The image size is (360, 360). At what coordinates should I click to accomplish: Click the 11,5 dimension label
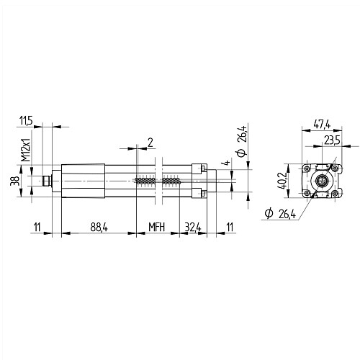tap(26, 121)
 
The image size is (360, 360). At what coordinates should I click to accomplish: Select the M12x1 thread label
tap(26, 150)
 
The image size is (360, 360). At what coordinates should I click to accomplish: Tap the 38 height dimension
tap(14, 181)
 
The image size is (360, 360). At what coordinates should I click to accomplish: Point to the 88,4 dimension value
tap(99, 227)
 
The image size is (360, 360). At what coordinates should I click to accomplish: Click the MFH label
tap(157, 227)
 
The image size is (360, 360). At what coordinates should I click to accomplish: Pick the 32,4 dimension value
tap(193, 227)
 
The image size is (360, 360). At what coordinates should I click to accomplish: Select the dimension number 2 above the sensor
tap(150, 143)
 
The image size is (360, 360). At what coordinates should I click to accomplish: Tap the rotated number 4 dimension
tap(226, 163)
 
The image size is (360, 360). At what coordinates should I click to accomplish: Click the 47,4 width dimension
tap(322, 125)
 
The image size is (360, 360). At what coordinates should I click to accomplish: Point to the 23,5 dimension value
tap(333, 140)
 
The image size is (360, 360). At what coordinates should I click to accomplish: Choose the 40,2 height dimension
tap(283, 181)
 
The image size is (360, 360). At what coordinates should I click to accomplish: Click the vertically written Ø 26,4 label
tap(242, 141)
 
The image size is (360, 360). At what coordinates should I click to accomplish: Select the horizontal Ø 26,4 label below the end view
tap(280, 214)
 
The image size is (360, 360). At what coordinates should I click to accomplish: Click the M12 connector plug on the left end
tap(47, 181)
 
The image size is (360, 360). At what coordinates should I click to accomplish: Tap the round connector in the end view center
tap(322, 181)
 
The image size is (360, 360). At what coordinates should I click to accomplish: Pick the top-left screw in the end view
tap(307, 168)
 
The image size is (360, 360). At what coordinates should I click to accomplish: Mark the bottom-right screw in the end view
tap(336, 193)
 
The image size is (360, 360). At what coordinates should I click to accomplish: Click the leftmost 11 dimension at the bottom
tap(37, 227)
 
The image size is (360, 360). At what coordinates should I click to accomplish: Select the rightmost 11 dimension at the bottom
tap(230, 227)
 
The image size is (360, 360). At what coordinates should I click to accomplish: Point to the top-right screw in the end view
tap(336, 168)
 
